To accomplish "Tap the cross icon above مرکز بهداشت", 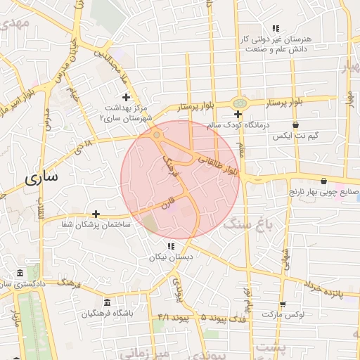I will pos(126,97).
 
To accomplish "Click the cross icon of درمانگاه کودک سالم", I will pos(238,114).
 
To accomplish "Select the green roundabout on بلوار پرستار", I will pos(240,103).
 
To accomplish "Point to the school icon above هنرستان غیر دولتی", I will pos(276,28).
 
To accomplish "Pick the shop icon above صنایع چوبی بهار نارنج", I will pos(323,180).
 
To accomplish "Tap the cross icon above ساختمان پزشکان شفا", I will pos(96,213).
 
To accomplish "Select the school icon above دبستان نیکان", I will pos(170,246).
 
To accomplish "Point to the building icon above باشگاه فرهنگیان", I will pos(107,302).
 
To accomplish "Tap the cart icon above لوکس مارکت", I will pos(283,304).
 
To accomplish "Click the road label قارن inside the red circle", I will pos(166,209).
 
